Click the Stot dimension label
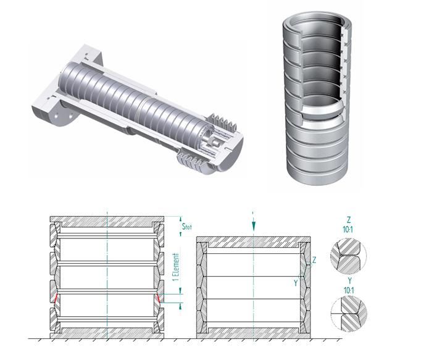(x=187, y=226)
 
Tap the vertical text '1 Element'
(x=176, y=267)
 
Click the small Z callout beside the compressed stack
(x=314, y=260)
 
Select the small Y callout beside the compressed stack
(x=296, y=283)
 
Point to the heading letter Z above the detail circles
(x=348, y=219)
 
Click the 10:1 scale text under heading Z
(x=348, y=230)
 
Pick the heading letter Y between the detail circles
(x=349, y=280)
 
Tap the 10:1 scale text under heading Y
(x=349, y=291)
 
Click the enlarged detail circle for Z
(x=348, y=256)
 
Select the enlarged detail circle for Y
(x=349, y=314)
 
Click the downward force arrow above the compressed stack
(x=253, y=222)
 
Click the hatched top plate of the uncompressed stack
(x=107, y=222)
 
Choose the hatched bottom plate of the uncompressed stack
(x=107, y=333)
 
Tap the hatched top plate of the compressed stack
(x=253, y=242)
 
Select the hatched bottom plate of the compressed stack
(x=253, y=333)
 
